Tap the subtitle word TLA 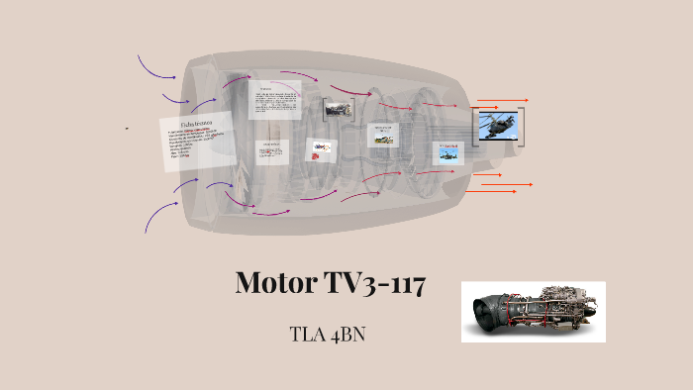click(309, 334)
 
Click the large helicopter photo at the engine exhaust click(499, 126)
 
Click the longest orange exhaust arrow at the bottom click(511, 185)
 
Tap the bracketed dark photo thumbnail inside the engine click(339, 108)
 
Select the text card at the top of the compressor click(274, 100)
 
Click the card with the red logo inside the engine click(322, 149)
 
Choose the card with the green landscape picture click(383, 135)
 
